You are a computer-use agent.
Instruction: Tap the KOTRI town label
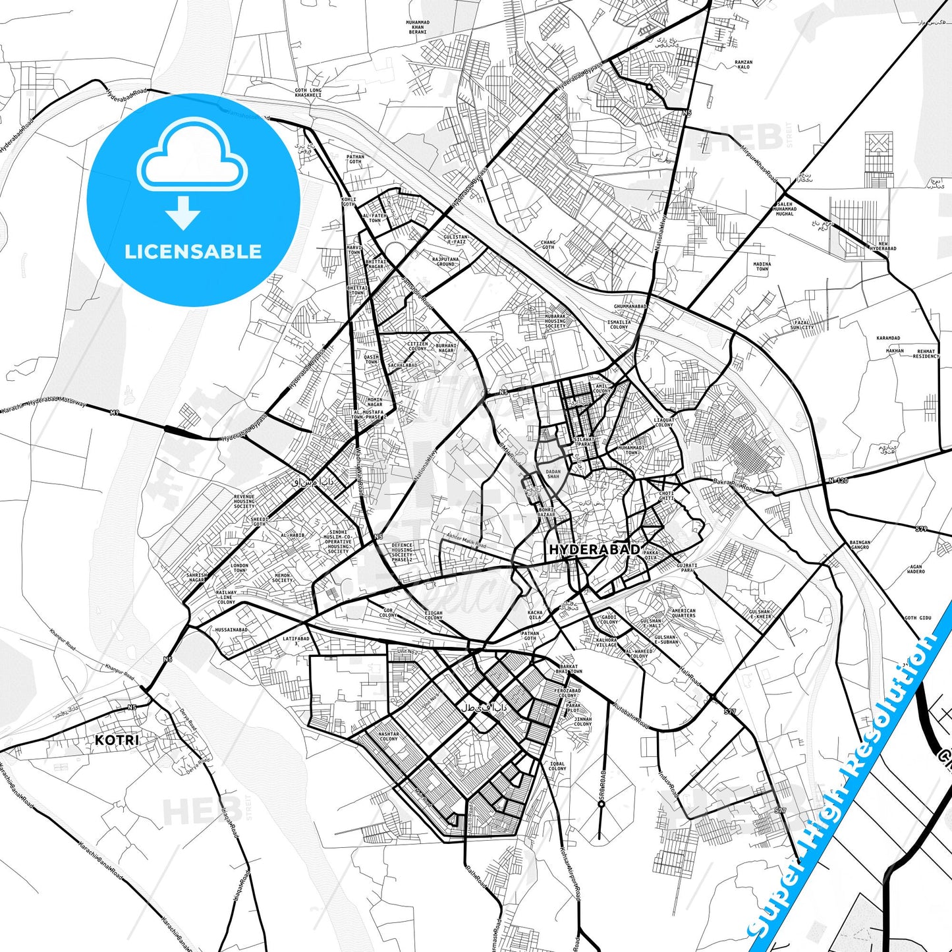[x=117, y=740]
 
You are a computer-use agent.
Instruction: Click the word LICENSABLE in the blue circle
[x=193, y=252]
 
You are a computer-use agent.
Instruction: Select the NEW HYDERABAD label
[x=883, y=246]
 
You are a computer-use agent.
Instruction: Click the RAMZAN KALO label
[x=743, y=65]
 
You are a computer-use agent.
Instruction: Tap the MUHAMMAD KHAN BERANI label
[x=418, y=27]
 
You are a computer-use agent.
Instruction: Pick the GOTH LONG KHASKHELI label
[x=308, y=93]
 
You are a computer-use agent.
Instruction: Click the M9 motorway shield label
[x=115, y=412]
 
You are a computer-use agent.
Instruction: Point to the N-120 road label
[x=838, y=481]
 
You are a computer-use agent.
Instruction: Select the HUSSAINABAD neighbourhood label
[x=232, y=630]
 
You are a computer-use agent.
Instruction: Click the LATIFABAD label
[x=296, y=640]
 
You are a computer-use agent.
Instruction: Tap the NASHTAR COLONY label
[x=389, y=736]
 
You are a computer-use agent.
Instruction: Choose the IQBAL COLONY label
[x=557, y=766]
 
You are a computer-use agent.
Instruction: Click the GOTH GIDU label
[x=918, y=618]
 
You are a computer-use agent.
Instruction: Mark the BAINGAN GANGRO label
[x=860, y=545]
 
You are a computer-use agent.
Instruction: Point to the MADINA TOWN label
[x=762, y=266]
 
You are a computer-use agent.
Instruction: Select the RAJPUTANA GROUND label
[x=445, y=262]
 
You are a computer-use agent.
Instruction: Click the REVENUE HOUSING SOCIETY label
[x=244, y=501]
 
